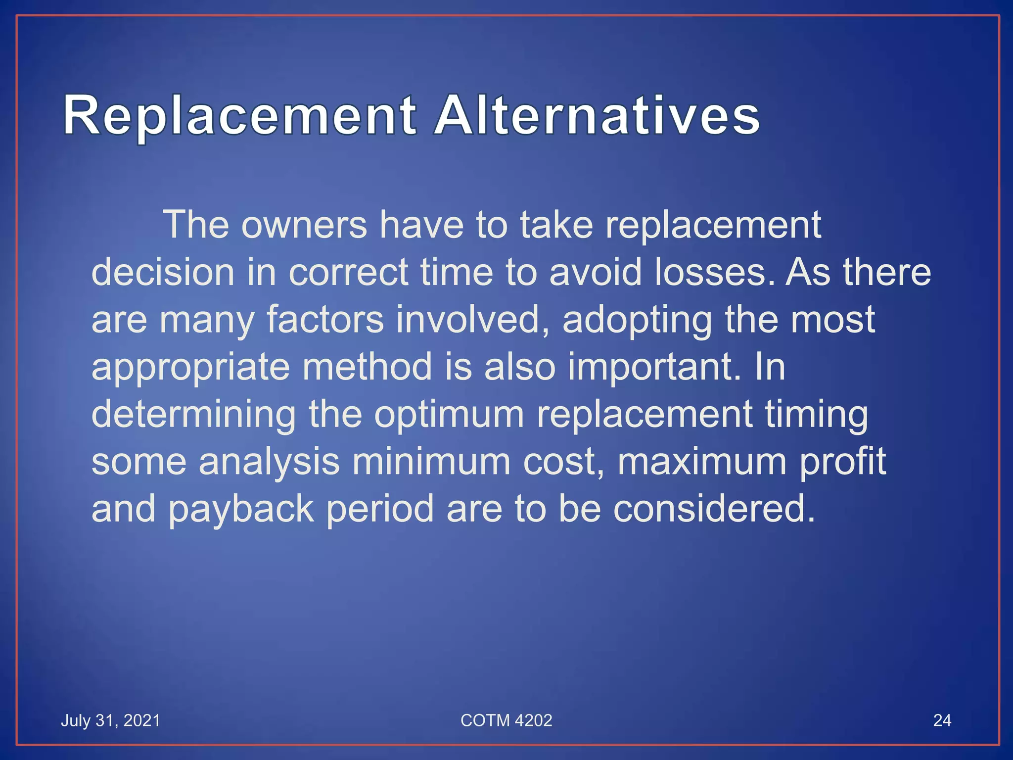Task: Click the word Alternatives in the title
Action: [597, 116]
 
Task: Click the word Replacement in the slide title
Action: [239, 116]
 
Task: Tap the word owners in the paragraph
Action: [304, 225]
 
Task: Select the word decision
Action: [163, 272]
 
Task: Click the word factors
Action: [325, 319]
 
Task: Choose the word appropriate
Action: [190, 367]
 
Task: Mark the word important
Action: [654, 367]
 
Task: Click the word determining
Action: [193, 414]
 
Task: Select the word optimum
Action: [449, 414]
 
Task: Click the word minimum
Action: [431, 461]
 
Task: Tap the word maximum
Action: [702, 461]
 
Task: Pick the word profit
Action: [842, 461]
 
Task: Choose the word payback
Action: [241, 509]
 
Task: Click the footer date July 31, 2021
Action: [110, 720]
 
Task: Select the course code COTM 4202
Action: [506, 720]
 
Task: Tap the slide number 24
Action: [942, 720]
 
